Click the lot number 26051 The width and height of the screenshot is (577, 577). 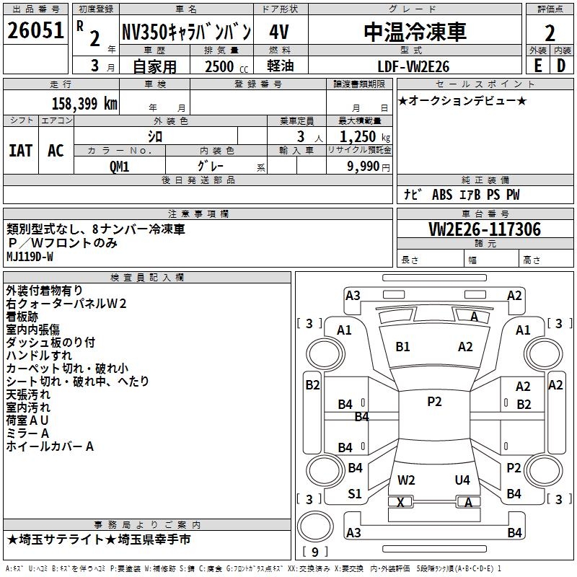tap(36, 32)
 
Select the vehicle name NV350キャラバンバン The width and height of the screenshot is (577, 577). tap(186, 32)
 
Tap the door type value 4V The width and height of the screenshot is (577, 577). tap(280, 32)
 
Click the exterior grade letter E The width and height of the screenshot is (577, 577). tap(537, 66)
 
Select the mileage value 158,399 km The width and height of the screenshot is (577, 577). tap(84, 103)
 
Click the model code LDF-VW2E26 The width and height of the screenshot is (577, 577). tap(414, 66)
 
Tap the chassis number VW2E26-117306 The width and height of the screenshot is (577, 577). tap(485, 229)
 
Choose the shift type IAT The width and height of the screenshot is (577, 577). tap(20, 150)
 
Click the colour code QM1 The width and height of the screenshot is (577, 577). tap(120, 166)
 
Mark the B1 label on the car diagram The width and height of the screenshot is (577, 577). tap(402, 347)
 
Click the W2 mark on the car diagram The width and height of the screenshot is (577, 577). tap(406, 480)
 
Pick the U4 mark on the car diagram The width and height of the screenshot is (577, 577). tap(462, 480)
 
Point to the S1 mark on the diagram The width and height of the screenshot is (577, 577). tap(354, 494)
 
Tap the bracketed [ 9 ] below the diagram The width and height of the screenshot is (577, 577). tap(314, 552)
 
